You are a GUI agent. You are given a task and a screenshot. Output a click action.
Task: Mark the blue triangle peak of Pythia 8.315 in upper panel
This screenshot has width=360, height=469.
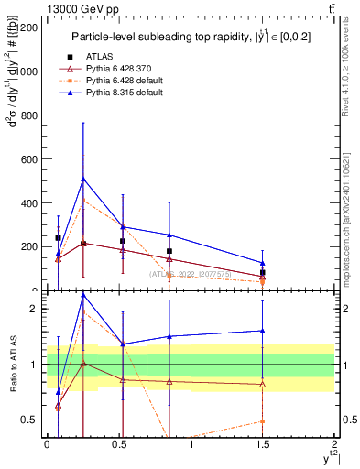pos(83,179)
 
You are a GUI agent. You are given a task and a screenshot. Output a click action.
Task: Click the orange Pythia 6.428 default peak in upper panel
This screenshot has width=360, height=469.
pos(83,200)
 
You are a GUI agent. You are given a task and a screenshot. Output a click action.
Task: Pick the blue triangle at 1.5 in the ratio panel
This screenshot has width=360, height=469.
pos(263,331)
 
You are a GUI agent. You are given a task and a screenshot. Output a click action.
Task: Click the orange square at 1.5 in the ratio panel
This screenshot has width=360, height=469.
pos(263,421)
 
